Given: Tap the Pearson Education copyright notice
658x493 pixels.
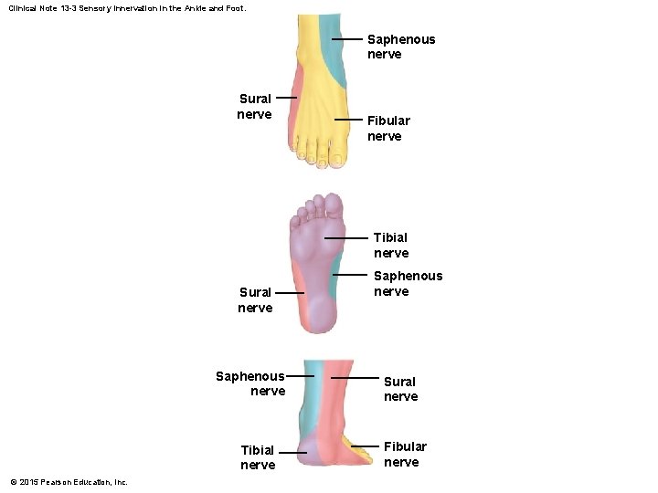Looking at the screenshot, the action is tap(69, 482).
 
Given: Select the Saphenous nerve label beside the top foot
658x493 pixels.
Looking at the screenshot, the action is tap(400, 47).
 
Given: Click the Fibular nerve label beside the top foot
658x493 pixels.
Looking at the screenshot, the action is tap(388, 128).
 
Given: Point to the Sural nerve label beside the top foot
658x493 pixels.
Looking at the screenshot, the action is tap(254, 106).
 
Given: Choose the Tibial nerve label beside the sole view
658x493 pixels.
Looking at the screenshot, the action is tap(390, 245).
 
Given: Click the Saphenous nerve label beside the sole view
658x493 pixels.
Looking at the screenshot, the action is tap(408, 283).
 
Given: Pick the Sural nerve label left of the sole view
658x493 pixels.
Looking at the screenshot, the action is tap(255, 299).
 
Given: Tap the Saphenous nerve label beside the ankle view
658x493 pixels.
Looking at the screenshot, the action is tap(251, 383).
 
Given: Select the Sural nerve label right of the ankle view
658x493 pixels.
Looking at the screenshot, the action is tap(400, 389).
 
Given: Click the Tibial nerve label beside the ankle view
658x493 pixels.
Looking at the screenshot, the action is tap(258, 457).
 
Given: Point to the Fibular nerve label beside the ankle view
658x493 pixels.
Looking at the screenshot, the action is tap(404, 454).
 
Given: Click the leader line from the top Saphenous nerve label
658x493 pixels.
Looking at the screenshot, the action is tap(348, 40).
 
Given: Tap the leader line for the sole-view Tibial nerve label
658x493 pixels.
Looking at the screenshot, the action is tap(345, 238).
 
